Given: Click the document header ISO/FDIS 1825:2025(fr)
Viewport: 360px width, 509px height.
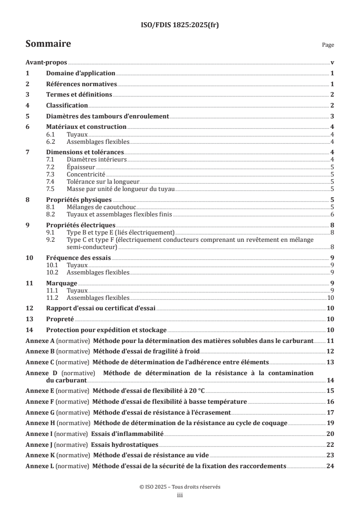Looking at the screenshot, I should pyautogui.click(x=180, y=25).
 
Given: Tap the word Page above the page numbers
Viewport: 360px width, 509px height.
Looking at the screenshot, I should pyautogui.click(x=328, y=45).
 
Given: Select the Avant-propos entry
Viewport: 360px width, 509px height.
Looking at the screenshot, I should pyautogui.click(x=46, y=63).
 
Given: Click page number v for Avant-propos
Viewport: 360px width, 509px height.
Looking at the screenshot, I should pyautogui.click(x=332, y=63).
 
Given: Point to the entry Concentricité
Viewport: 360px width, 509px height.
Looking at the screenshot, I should pyautogui.click(x=86, y=174).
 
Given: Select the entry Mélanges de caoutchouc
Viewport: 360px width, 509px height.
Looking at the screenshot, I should pyautogui.click(x=98, y=207).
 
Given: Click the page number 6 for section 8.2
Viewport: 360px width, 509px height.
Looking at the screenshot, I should pyautogui.click(x=332, y=214).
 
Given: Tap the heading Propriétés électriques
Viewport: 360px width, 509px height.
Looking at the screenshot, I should pyautogui.click(x=81, y=225).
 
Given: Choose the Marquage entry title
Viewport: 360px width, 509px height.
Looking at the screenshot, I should pyautogui.click(x=62, y=283).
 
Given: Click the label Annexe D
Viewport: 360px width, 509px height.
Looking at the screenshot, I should pyautogui.click(x=41, y=373).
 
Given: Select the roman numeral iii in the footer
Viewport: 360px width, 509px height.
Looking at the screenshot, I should pyautogui.click(x=180, y=496).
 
